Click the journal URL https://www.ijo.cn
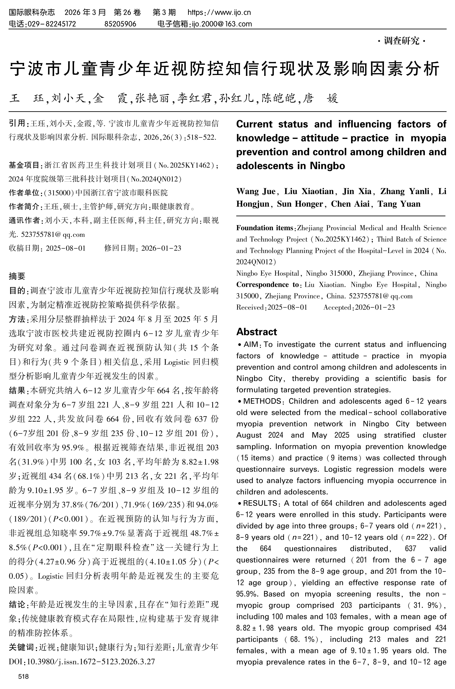pos(219,12)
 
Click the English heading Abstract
pos(257,332)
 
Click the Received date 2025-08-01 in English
pos(287,307)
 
